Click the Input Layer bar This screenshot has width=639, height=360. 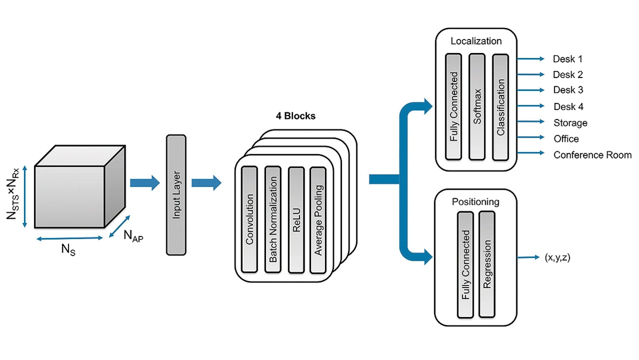click(x=175, y=194)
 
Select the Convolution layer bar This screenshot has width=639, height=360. click(x=249, y=219)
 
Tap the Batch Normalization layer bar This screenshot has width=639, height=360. click(x=273, y=219)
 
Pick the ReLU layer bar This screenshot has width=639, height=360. click(x=296, y=219)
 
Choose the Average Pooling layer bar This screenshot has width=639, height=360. click(x=318, y=219)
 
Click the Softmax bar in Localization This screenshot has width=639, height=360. click(x=477, y=106)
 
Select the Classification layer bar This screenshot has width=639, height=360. click(x=500, y=106)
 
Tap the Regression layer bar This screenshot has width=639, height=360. click(x=487, y=264)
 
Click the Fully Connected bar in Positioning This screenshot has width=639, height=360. click(x=465, y=264)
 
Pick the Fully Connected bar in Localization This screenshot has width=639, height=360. click(x=453, y=106)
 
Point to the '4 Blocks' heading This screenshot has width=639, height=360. click(x=296, y=116)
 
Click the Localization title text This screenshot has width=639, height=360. click(x=476, y=41)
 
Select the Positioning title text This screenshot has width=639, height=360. click(x=475, y=202)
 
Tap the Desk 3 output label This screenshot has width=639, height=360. click(x=568, y=90)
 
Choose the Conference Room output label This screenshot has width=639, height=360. click(x=592, y=155)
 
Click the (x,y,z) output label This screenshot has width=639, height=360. click(x=557, y=258)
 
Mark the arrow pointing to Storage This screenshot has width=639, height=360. click(x=531, y=122)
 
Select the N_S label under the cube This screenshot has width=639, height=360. click(x=68, y=249)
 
